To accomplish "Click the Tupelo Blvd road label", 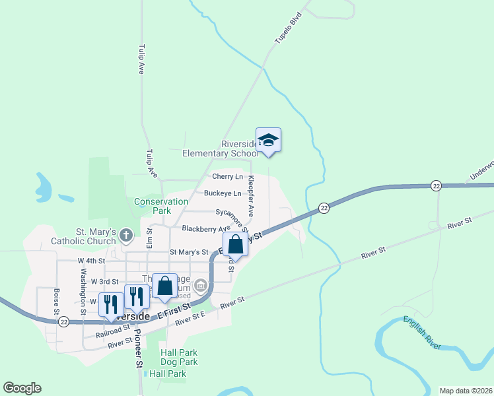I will [288, 29].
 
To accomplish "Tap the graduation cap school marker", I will [268, 141].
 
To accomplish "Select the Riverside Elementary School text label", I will [221, 149].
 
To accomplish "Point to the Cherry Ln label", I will [227, 177].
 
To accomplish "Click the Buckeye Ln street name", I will [222, 193].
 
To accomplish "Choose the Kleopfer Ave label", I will [251, 196].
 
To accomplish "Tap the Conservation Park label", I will [161, 206].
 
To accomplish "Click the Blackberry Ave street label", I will [206, 228].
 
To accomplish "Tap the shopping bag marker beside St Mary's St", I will [235, 245].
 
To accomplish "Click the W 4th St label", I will [92, 261].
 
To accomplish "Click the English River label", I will [423, 331].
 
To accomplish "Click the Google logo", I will [22, 388].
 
